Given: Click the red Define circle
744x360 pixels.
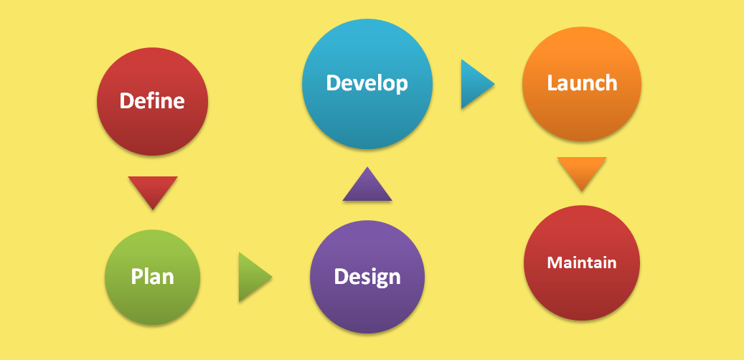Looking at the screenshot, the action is point(152,102).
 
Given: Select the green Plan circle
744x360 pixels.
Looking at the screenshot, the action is point(152,278).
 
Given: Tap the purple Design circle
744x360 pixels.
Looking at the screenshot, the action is point(367,277).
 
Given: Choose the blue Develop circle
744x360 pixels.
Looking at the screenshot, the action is point(367,84).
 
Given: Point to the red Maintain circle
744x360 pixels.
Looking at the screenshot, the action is point(582,262).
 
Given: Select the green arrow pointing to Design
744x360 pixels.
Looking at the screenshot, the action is point(255,277).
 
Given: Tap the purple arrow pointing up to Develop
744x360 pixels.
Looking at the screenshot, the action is point(367,184).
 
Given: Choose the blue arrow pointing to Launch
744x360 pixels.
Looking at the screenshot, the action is point(478,84).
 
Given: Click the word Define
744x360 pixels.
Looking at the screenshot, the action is point(152,101).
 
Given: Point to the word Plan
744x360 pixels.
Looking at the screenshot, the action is point(152,277).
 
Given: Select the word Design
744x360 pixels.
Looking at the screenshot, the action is point(367,277).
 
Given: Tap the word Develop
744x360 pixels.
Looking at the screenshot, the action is point(367,84).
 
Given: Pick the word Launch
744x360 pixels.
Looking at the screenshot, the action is point(582,82).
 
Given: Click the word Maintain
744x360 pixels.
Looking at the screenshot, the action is point(582,262).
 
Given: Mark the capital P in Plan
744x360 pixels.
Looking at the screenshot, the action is point(136,277).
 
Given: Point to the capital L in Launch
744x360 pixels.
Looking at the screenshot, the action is point(552,83).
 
